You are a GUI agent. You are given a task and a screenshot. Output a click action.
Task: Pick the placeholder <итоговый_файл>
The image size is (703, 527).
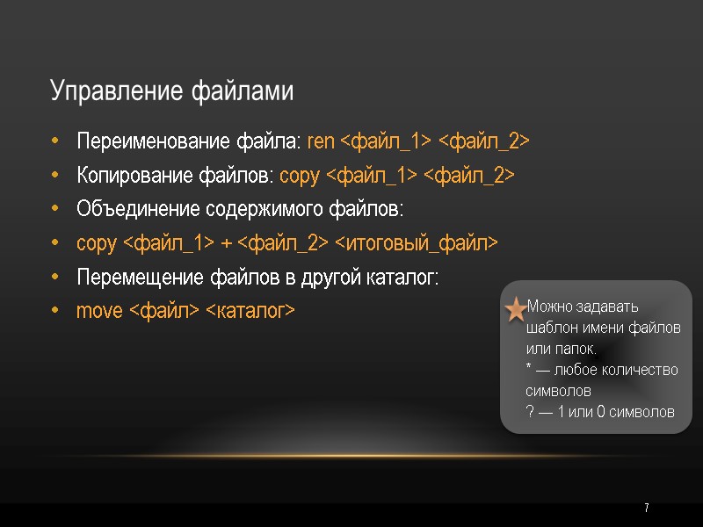(x=417, y=243)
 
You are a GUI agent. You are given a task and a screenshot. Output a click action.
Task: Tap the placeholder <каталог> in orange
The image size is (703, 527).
(x=250, y=312)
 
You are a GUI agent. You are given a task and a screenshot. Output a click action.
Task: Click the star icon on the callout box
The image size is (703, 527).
(x=517, y=309)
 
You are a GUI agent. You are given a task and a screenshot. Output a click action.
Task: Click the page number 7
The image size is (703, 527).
(x=647, y=509)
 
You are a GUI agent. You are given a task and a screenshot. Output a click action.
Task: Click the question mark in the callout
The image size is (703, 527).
(x=529, y=412)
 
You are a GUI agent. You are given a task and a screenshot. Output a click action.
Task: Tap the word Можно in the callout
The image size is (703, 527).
(x=547, y=307)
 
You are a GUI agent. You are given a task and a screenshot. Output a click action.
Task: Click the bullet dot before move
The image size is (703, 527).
(x=56, y=312)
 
